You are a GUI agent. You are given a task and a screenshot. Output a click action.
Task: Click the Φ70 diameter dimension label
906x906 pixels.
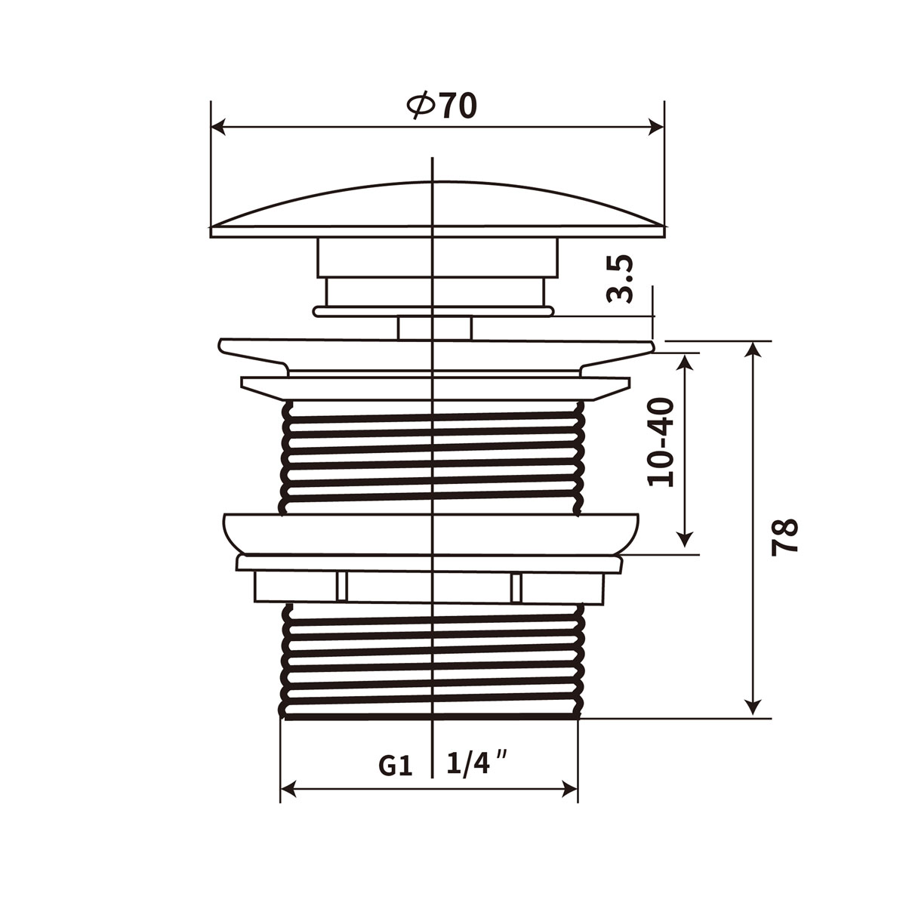442,106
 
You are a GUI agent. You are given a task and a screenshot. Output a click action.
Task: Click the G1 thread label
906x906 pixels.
395,766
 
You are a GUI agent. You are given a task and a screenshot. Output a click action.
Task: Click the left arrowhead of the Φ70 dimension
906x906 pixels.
219,127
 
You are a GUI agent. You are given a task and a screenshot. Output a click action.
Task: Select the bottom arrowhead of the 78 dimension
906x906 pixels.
752,707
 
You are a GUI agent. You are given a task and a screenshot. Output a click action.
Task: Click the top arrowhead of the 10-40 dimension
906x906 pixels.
685,361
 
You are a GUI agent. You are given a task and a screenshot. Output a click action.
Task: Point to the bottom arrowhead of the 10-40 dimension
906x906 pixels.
685,538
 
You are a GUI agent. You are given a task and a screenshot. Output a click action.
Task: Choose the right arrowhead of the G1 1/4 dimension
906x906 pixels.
569,790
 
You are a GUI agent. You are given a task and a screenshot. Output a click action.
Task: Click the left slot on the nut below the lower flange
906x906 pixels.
341,587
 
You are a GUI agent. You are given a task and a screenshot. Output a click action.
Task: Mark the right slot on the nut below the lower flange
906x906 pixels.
516,587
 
